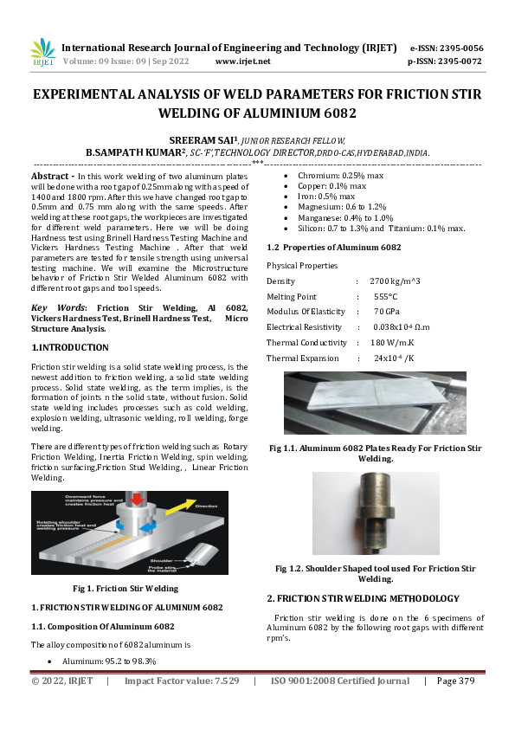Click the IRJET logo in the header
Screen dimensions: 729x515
point(42,53)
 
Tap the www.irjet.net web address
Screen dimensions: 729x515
point(242,61)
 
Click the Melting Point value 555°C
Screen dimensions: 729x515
point(385,296)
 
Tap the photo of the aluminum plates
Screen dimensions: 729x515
point(375,404)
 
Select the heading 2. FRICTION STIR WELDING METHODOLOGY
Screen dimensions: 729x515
point(363,598)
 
